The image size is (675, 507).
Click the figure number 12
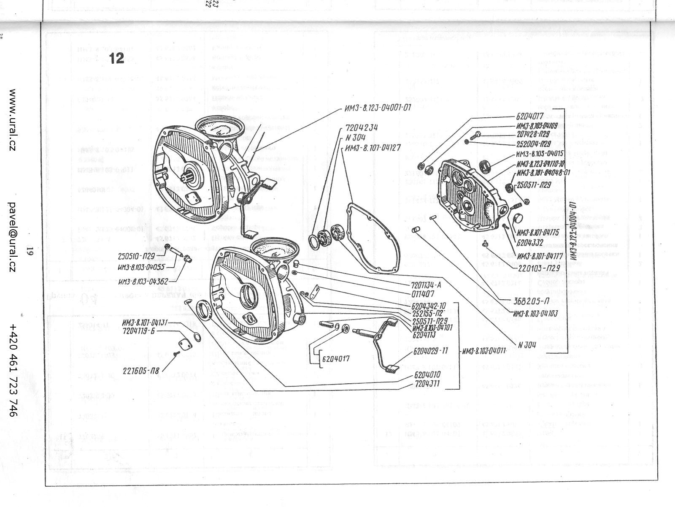(116, 59)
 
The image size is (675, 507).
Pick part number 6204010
(427, 374)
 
